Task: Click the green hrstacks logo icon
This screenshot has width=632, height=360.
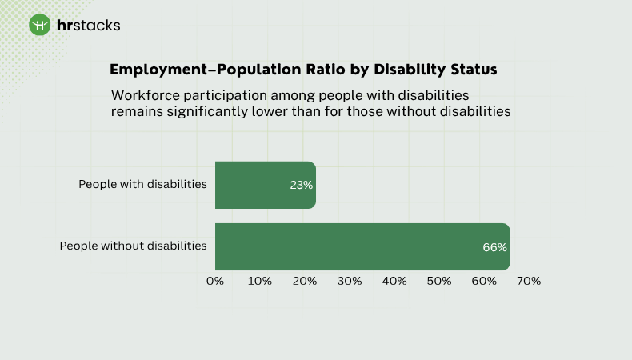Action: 40,25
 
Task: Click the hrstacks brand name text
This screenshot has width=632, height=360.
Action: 88,25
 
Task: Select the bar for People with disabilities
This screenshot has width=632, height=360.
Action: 266,185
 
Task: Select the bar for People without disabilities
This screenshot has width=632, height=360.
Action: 362,246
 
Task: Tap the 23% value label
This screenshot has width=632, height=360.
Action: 301,185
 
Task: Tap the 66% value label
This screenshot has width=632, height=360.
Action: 494,247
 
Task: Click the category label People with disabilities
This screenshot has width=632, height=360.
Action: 142,184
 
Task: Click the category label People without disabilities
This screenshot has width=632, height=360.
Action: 133,246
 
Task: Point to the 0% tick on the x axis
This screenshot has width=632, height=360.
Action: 215,281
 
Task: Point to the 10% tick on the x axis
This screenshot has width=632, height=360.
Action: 260,281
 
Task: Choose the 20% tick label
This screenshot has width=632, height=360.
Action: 305,281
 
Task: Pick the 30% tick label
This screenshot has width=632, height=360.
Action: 350,281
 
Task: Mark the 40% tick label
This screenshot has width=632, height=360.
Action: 394,281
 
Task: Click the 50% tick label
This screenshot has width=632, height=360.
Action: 439,281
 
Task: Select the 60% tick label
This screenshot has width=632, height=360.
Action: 484,281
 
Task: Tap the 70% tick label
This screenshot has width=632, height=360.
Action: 529,281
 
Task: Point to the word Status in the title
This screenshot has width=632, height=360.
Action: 471,70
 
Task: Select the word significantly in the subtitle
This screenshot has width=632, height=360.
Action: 213,111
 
